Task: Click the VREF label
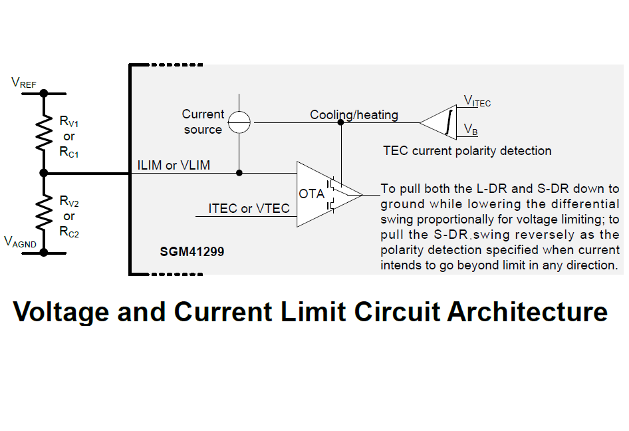point(24,83)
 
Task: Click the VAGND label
point(21,242)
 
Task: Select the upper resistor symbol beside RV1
point(44,133)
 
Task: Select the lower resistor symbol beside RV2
point(44,213)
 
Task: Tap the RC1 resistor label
point(69,152)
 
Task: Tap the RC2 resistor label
point(69,232)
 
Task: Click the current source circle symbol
point(239,122)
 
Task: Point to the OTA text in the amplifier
point(312,194)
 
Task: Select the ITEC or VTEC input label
point(249,209)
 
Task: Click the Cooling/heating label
point(354,115)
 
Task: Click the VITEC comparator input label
point(477,101)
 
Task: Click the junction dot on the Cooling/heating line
point(341,122)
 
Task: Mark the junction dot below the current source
point(239,173)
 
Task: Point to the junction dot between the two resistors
point(44,173)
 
